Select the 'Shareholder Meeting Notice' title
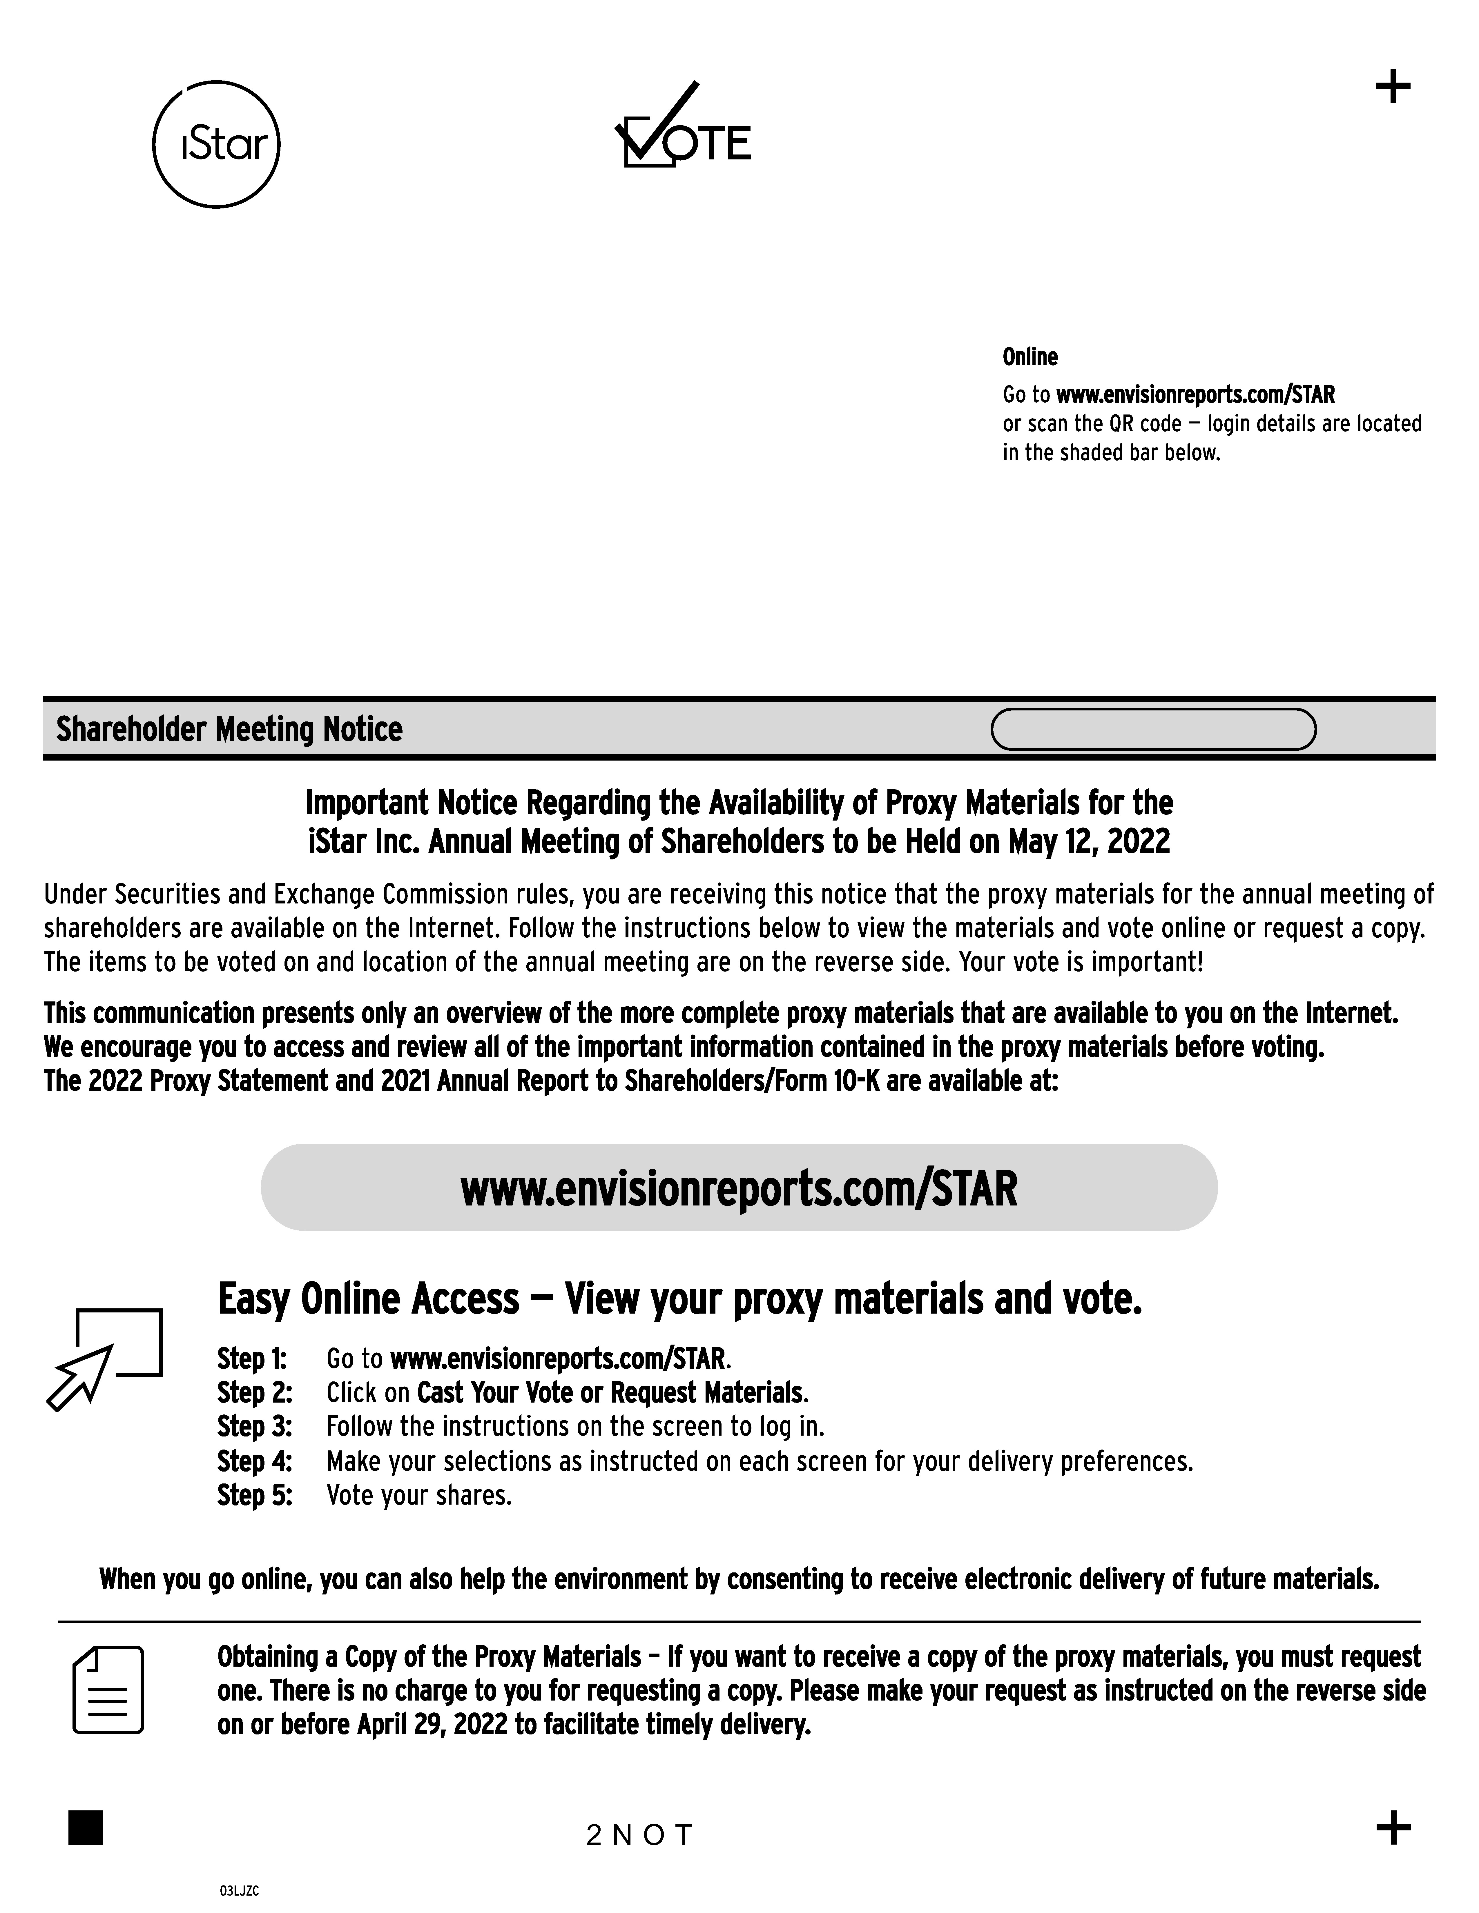[x=230, y=730]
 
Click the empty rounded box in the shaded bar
[x=1153, y=730]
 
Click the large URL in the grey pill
[x=739, y=1189]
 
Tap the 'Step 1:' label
[x=252, y=1359]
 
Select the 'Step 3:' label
[x=254, y=1427]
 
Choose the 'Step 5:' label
[x=254, y=1495]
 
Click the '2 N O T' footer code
[x=640, y=1834]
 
